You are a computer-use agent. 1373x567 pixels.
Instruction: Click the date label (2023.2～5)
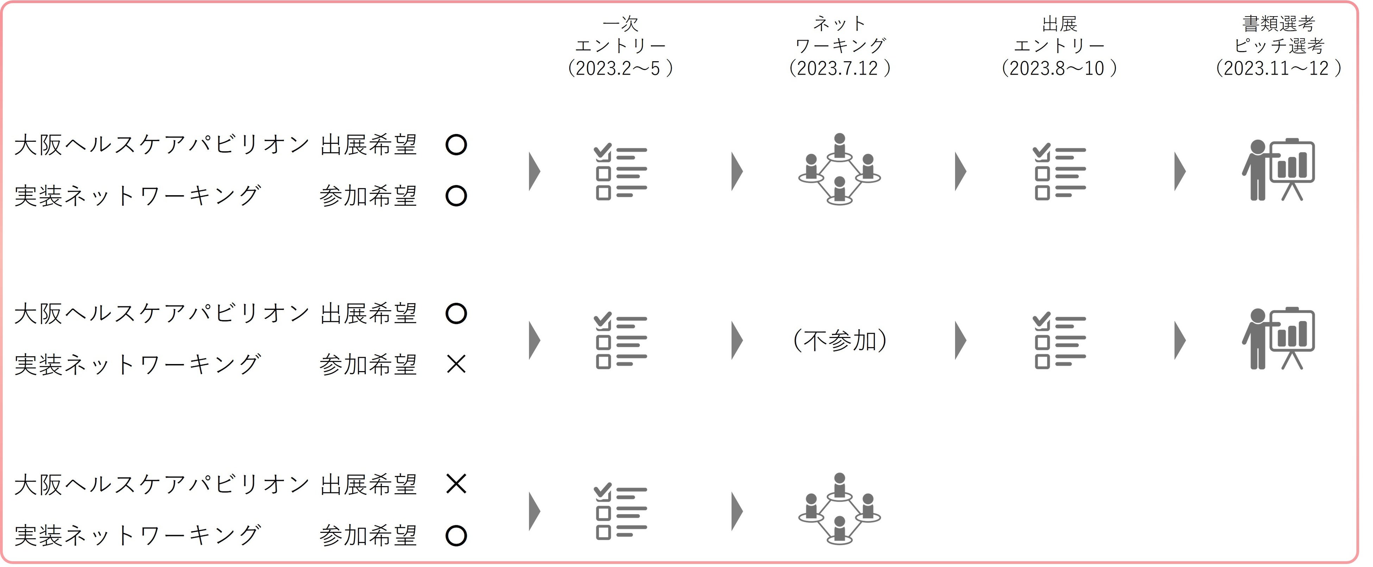point(620,68)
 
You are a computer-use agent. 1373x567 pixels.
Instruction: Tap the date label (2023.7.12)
point(840,68)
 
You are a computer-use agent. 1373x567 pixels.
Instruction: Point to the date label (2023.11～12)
point(1278,68)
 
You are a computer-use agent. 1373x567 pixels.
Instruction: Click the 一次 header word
point(620,24)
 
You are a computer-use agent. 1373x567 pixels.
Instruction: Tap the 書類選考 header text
point(1278,24)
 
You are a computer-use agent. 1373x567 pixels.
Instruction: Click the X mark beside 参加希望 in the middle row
point(456,365)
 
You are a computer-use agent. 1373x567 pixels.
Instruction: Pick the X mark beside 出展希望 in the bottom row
point(456,484)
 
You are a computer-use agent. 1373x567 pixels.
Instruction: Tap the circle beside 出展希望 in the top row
point(456,145)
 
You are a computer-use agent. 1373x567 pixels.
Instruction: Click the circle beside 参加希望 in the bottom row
point(456,536)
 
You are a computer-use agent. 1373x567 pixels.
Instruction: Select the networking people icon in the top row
point(840,169)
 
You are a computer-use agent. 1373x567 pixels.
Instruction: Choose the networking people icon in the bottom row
point(840,509)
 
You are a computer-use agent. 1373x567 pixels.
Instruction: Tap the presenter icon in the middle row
point(1278,339)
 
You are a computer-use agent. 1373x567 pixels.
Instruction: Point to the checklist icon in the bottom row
point(620,511)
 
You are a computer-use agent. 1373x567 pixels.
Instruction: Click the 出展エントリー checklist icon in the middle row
point(1059,340)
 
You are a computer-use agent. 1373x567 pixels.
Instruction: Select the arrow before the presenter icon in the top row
point(1180,171)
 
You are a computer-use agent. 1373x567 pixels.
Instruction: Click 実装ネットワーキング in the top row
point(138,196)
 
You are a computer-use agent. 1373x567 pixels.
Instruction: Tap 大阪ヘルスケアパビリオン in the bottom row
point(161,484)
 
